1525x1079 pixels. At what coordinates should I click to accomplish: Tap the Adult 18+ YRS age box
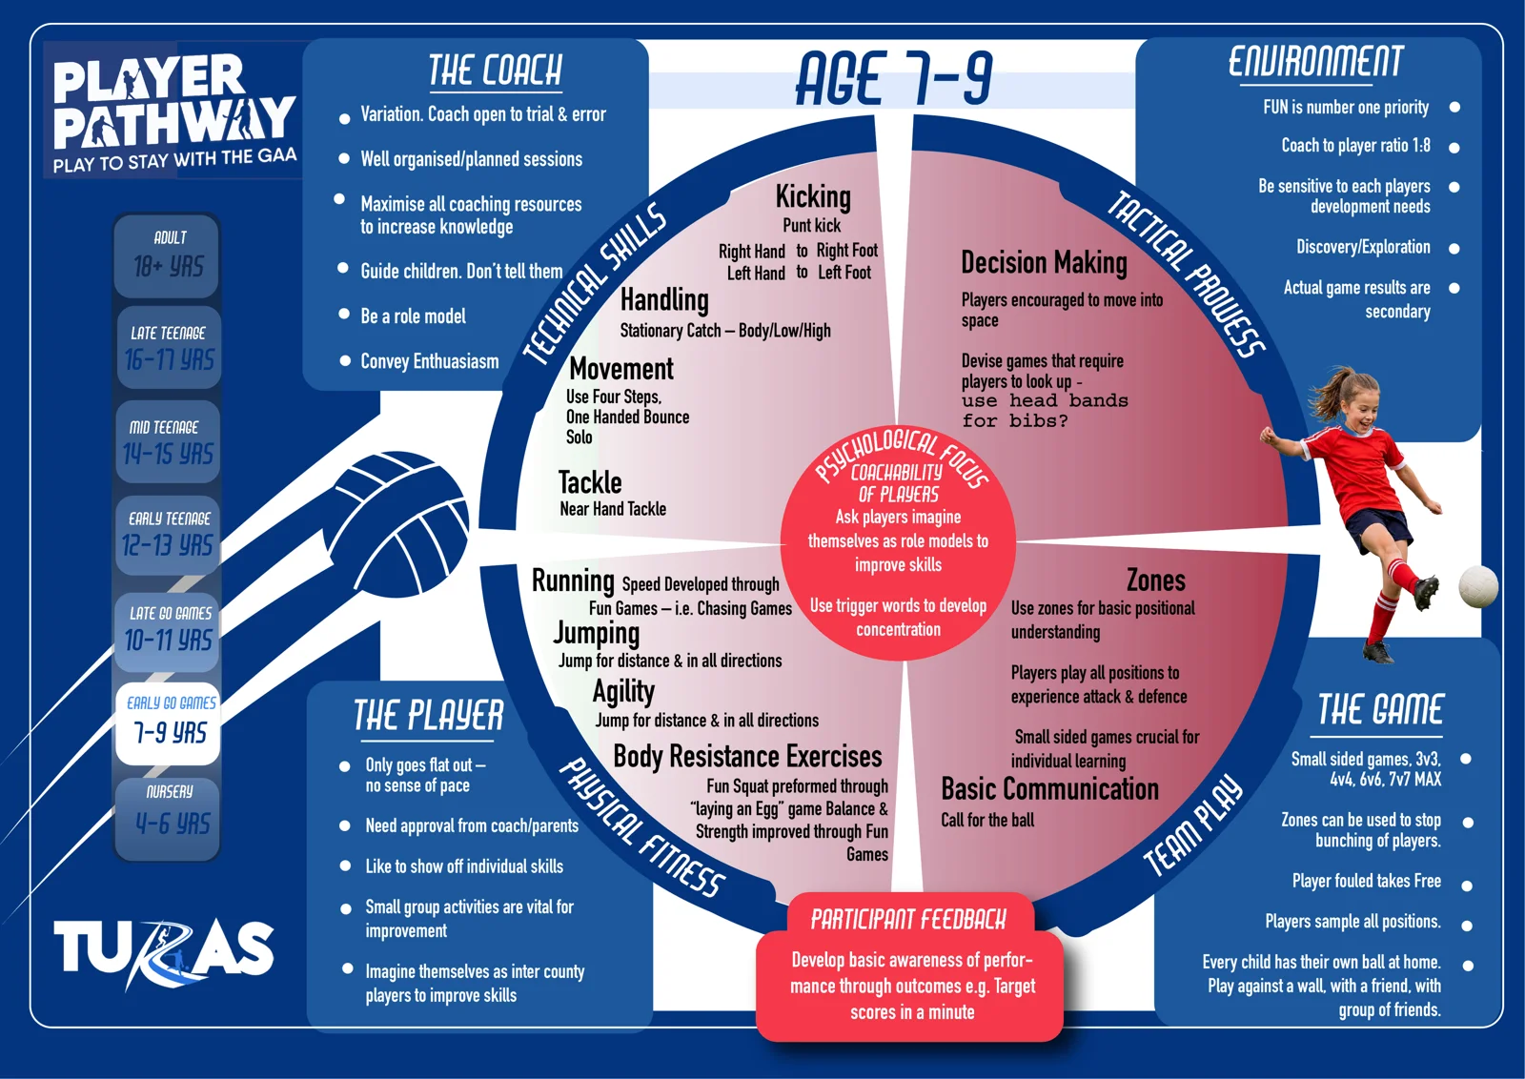(167, 255)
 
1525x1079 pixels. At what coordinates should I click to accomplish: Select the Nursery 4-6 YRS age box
(168, 819)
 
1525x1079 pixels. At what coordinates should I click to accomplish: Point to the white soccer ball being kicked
(1478, 585)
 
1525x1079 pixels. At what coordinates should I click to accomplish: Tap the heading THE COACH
(495, 71)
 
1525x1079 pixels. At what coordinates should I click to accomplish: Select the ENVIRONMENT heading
(1315, 62)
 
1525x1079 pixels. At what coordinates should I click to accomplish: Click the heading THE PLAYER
(428, 716)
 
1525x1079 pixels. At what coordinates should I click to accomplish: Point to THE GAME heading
(1380, 710)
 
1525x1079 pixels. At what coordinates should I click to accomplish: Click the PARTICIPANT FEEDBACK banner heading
(908, 921)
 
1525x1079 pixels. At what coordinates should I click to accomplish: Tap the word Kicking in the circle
(813, 197)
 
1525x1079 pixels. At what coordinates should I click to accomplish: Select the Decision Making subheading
(1044, 263)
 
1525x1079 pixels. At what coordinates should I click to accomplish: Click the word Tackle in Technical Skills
(590, 482)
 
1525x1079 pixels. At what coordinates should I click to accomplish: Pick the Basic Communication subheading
(1049, 789)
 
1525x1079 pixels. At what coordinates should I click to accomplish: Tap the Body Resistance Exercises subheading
(747, 756)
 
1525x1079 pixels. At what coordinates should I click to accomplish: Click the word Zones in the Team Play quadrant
(1156, 580)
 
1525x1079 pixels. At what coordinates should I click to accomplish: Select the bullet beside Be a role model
(344, 314)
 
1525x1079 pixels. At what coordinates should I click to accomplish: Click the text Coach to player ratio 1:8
(1355, 146)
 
